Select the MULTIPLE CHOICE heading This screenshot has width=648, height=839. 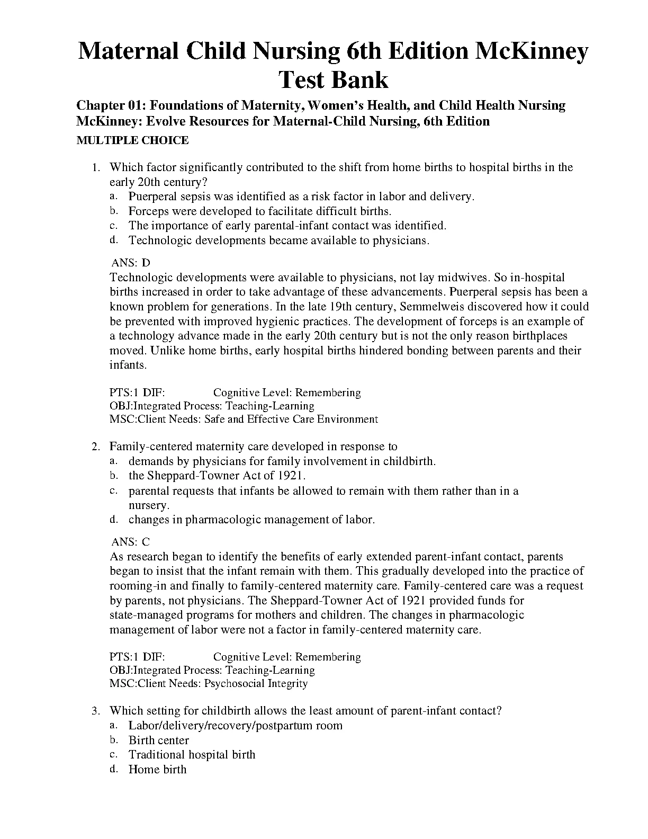coord(132,140)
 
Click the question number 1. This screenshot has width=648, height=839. coord(95,168)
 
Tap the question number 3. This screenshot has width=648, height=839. coord(95,711)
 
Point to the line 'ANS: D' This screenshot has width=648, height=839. coord(131,263)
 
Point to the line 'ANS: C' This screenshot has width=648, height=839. coord(131,542)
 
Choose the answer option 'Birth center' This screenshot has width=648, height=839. coord(159,740)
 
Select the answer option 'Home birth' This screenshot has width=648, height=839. coord(158,770)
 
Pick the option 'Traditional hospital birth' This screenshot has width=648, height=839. coord(192,755)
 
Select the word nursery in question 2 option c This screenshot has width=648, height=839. coord(148,505)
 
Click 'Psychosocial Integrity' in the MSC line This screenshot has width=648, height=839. coord(256,683)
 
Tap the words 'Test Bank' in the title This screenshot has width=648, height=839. coord(334,79)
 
